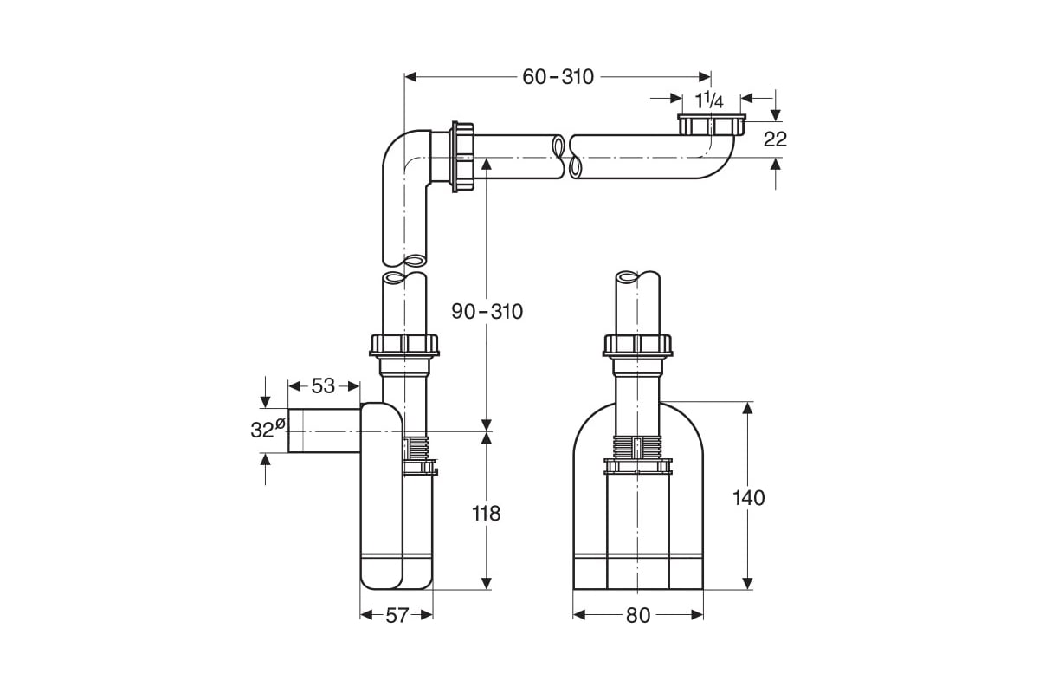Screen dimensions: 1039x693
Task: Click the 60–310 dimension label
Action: coord(558,77)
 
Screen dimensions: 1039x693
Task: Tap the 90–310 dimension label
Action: coord(487,312)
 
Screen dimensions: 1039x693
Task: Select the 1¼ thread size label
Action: coord(709,100)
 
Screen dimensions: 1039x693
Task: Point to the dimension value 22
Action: coord(775,139)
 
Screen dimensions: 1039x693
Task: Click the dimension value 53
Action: coord(323,385)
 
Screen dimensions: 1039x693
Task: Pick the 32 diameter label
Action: coord(268,429)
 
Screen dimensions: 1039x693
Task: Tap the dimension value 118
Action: coord(486,514)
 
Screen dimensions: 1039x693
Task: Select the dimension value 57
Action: coord(397,616)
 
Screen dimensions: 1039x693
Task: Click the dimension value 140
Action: coord(748,498)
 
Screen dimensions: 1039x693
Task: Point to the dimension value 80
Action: coord(638,616)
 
